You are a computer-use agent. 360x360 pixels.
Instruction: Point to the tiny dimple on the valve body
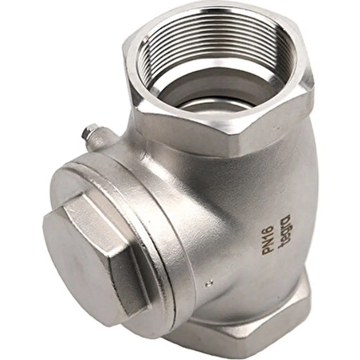[x=208, y=284]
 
